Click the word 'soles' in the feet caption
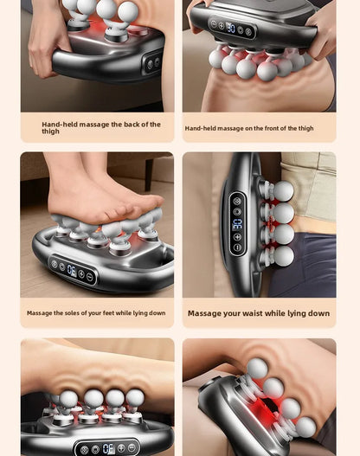(78, 313)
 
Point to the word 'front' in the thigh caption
(265, 128)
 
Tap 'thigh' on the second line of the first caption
(50, 132)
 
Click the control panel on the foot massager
(73, 270)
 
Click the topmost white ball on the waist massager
(283, 190)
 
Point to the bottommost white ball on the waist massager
(283, 256)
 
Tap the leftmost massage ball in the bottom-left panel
(68, 399)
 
